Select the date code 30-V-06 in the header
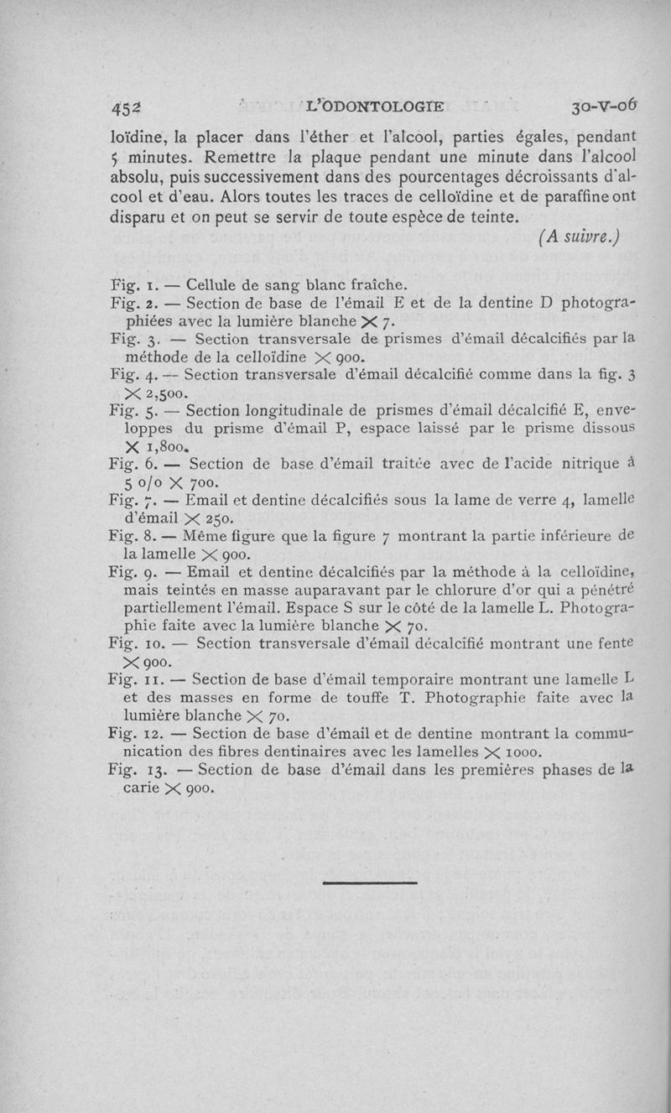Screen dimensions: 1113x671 click(604, 107)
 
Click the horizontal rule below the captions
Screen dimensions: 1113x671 click(369, 882)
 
